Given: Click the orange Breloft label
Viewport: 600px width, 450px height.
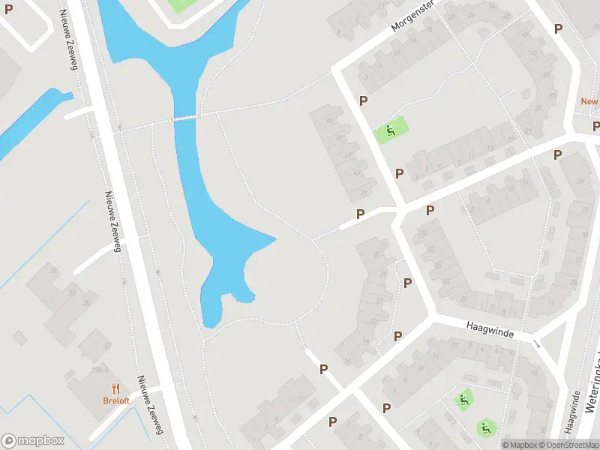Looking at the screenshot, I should [x=116, y=400].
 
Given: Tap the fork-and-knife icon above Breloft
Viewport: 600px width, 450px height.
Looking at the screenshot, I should [x=115, y=388].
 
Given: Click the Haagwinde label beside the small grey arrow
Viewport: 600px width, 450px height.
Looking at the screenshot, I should [x=490, y=329].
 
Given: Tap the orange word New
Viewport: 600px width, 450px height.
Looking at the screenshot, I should [x=589, y=101].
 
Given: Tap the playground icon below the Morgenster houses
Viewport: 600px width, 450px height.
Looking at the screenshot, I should [x=390, y=132].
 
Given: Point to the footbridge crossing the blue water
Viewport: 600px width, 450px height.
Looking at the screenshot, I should [x=185, y=118].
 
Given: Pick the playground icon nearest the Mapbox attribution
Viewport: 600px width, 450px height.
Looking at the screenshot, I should [x=485, y=428].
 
